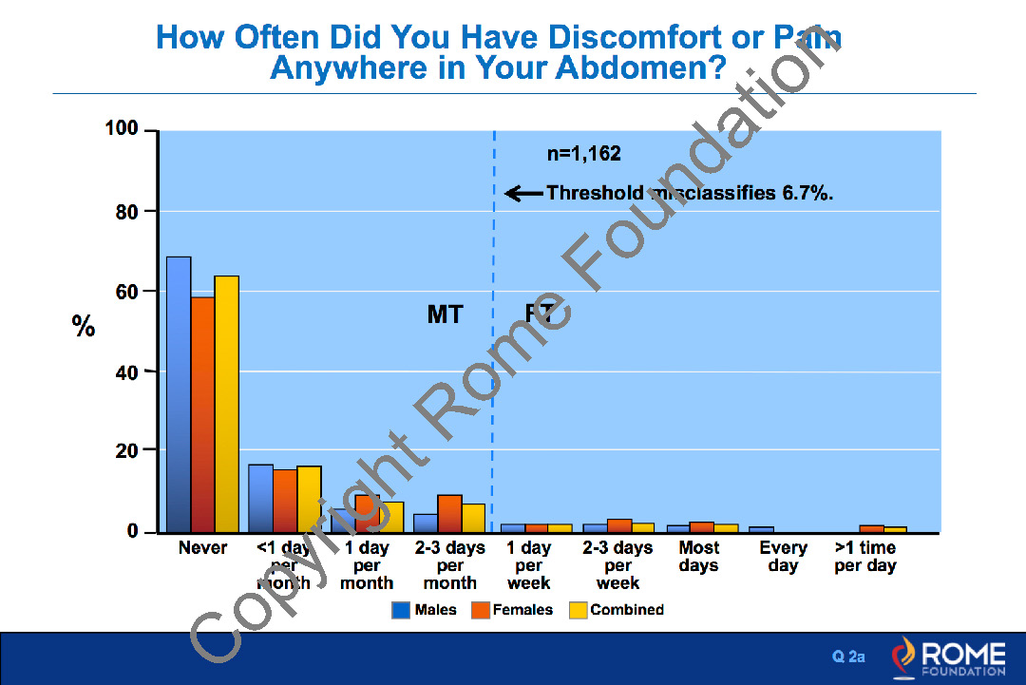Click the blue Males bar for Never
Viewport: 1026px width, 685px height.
pos(179,394)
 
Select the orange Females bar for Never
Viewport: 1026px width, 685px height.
pos(202,414)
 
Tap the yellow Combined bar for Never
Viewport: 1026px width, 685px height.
pos(226,404)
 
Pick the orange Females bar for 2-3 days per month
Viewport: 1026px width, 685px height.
pos(449,513)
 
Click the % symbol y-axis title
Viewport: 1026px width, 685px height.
pos(84,328)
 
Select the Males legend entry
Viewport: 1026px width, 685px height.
pos(425,610)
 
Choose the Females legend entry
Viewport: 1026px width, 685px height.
pos(513,610)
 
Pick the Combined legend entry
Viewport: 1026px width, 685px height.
pos(617,610)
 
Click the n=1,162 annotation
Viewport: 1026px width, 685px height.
pos(584,153)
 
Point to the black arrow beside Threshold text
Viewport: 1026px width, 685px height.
pos(523,194)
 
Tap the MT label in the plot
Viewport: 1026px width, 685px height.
pos(445,314)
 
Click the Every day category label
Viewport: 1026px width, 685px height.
pos(783,557)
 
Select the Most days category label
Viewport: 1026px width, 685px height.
pos(699,557)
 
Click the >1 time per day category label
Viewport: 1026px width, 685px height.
pos(865,557)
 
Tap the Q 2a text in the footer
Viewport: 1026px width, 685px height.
pos(849,656)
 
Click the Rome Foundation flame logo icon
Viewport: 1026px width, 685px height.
pos(904,656)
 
